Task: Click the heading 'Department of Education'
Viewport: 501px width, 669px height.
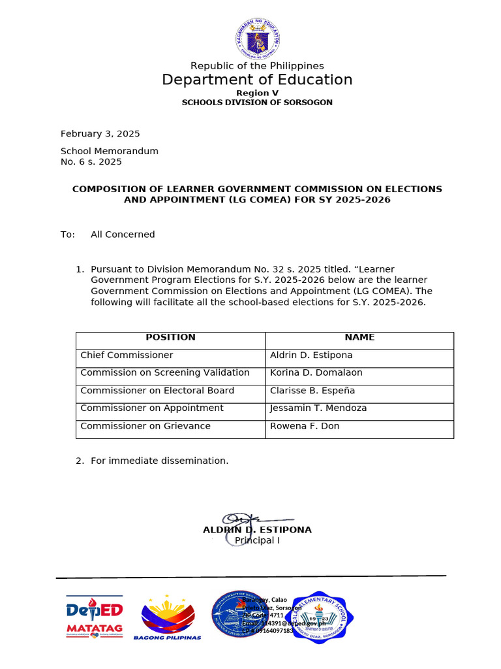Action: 257,80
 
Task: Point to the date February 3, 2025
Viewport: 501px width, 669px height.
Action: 100,134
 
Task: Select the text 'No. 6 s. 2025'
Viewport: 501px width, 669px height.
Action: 91,162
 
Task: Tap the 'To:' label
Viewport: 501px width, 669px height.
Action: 68,235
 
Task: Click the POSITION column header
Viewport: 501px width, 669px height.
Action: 170,338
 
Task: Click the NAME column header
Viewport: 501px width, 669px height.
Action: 359,338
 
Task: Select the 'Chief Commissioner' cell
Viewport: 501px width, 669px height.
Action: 127,355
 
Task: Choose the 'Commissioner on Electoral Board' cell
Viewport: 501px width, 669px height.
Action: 157,391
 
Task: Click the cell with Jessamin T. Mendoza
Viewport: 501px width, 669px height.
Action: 318,408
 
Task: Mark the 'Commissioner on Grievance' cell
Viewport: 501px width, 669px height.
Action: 145,426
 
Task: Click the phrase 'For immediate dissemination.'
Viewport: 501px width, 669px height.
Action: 160,461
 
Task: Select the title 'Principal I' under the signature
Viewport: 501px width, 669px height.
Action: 258,540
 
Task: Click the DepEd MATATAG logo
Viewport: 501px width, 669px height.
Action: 95,617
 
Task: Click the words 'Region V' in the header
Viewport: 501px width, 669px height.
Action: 257,93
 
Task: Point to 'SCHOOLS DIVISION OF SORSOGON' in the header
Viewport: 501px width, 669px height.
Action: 257,103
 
